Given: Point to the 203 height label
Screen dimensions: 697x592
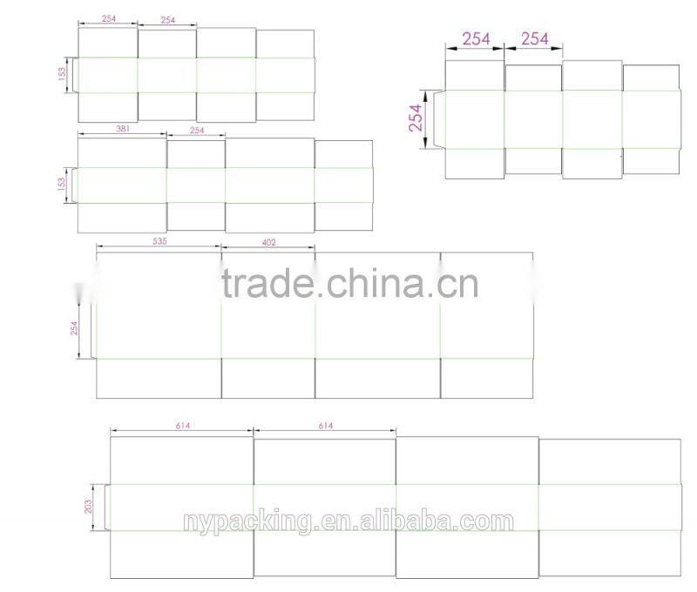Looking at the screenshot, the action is (88, 506).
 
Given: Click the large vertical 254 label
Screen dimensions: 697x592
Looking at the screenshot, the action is (416, 117).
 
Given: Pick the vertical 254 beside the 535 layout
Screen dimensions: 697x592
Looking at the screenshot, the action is (75, 329).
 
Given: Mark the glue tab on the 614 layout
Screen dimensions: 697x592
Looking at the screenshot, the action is (107, 506).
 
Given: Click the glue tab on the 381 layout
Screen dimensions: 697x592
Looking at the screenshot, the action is (75, 185).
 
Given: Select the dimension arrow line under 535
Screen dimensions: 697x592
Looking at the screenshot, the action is (159, 249).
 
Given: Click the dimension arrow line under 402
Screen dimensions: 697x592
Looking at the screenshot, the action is (268, 249).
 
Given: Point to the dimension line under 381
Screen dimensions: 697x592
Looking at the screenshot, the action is (122, 134).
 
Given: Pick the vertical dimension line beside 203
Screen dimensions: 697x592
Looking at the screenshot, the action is (97, 506).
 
